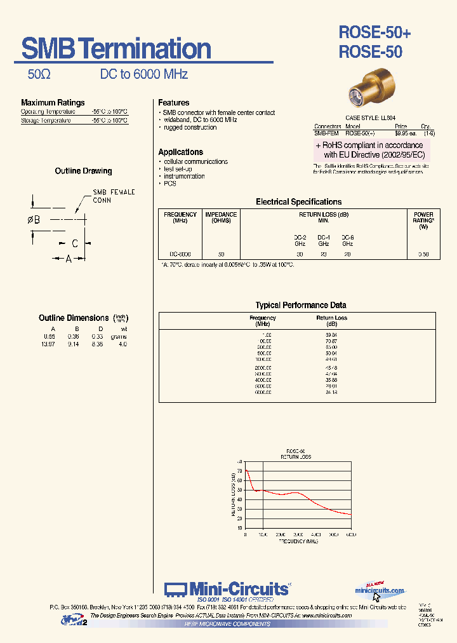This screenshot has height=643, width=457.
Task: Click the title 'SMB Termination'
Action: pos(116,49)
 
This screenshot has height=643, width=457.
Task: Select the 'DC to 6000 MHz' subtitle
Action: pos(144,74)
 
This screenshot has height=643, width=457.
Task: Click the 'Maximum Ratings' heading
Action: pos(53,102)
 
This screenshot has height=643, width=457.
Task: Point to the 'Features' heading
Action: pos(173,102)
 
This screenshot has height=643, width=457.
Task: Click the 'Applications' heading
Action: pos(180,152)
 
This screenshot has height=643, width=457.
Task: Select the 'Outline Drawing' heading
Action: pos(83,171)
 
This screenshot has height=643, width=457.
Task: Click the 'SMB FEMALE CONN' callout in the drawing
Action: pos(114,196)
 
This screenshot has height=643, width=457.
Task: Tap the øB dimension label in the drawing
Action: pos(34,220)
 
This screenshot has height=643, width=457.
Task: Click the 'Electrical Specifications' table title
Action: pos(298,202)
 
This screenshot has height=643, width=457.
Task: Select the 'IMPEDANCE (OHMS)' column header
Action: pos(221,217)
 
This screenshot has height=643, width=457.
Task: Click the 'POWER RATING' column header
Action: pos(423,220)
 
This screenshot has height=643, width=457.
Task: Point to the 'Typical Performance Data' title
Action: pos(301,305)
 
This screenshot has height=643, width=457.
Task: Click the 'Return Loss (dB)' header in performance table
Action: pos(332,320)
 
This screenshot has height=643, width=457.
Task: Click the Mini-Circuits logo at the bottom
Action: pos(228,589)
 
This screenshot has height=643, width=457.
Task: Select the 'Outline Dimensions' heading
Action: pos(74,318)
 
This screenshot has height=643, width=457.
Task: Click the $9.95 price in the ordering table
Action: pos(405,133)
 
